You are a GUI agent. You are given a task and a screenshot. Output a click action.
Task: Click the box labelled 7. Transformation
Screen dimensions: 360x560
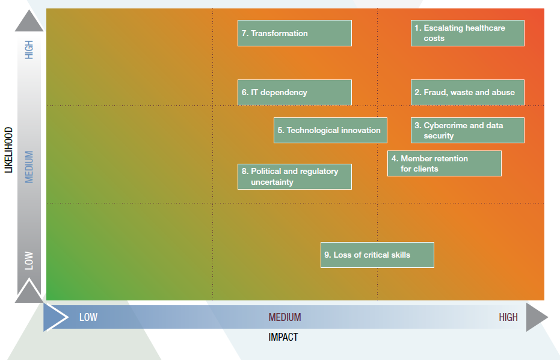point(294,33)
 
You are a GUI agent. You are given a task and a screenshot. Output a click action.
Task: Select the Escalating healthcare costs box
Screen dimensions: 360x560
point(467,33)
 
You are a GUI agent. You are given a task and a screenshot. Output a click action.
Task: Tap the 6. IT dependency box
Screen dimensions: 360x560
point(294,92)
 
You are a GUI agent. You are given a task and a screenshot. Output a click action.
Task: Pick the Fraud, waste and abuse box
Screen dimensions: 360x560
point(467,92)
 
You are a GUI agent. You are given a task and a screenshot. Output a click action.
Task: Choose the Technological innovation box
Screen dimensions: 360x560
point(330,130)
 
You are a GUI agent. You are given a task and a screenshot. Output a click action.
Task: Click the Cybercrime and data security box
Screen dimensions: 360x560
point(467,130)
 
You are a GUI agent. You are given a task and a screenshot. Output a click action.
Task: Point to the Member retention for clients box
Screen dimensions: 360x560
point(444,163)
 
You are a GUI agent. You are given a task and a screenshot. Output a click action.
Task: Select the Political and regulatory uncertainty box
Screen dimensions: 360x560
point(294,176)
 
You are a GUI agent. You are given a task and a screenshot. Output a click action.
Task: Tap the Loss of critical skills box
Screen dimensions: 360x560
point(377,255)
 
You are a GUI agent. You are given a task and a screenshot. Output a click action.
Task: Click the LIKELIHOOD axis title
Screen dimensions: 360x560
point(8,149)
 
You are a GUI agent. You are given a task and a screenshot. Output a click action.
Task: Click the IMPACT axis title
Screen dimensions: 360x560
point(283,337)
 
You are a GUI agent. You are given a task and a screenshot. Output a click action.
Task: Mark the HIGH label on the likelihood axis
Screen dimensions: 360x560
point(29,49)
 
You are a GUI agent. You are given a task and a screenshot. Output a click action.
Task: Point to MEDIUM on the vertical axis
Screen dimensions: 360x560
point(29,167)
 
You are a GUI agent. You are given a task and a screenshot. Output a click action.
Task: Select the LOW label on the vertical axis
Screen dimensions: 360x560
point(29,260)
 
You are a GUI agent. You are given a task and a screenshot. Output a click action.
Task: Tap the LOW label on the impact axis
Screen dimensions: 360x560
point(88,317)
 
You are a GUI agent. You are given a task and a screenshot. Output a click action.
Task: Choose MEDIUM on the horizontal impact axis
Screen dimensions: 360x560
point(285,317)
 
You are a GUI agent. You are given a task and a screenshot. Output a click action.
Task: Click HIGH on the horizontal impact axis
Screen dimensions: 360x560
point(508,317)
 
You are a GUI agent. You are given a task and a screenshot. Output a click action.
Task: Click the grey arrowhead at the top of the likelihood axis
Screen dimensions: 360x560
point(29,21)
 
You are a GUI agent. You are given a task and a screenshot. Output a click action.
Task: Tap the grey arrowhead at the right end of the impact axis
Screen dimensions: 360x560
point(536,317)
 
